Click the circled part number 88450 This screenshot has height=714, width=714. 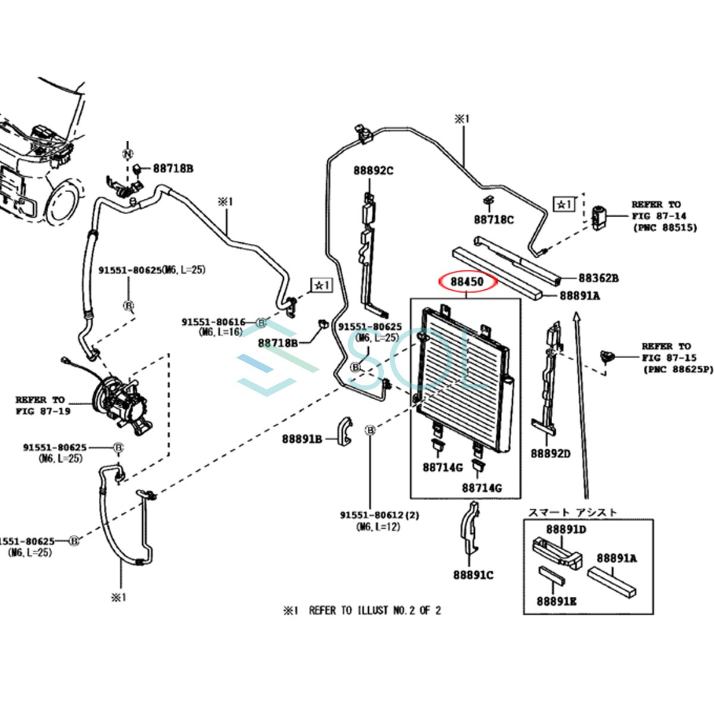click(x=466, y=281)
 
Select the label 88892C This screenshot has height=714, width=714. click(x=373, y=171)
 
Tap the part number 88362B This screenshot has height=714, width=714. click(x=598, y=278)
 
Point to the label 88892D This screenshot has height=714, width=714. click(x=550, y=454)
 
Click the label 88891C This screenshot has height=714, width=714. click(x=473, y=575)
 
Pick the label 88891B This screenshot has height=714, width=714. click(x=302, y=439)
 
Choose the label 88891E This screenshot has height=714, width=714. click(x=556, y=602)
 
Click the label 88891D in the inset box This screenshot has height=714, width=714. click(x=566, y=530)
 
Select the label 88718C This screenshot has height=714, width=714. click(x=493, y=220)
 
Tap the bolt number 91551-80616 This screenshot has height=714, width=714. click(x=213, y=322)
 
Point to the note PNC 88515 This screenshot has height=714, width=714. click(x=664, y=227)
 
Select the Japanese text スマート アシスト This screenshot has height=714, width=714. click(x=572, y=512)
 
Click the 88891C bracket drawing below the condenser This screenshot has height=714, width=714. click(x=470, y=530)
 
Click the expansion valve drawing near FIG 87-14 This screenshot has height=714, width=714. click(x=599, y=217)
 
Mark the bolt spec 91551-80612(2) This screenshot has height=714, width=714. click(x=379, y=515)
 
